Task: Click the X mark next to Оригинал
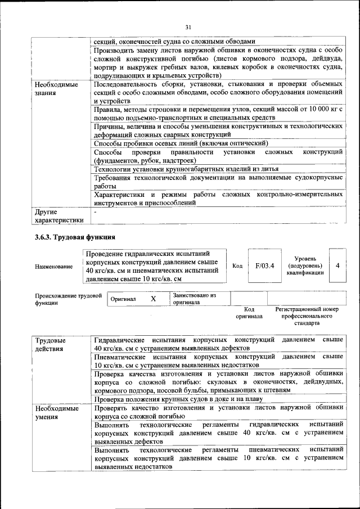pyautogui.click(x=153, y=299)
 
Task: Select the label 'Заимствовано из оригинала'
pyautogui.click(x=194, y=299)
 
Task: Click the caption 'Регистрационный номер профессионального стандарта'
pyautogui.click(x=307, y=317)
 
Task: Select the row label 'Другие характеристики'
pyautogui.click(x=59, y=216)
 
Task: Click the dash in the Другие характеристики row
pyautogui.click(x=96, y=212)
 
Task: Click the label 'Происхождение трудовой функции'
pyautogui.click(x=68, y=299)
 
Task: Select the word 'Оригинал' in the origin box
pyautogui.click(x=123, y=299)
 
